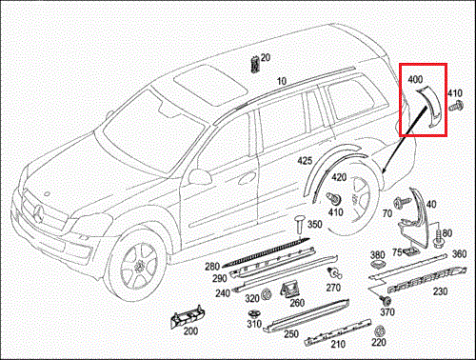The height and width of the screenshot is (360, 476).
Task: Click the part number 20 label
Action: (x=266, y=58)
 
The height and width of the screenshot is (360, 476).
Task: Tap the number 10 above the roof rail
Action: (x=282, y=81)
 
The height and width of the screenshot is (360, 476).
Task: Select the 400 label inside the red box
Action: (x=415, y=79)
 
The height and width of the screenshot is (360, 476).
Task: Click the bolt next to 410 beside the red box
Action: (x=456, y=106)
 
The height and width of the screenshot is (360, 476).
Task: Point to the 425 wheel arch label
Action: (x=305, y=161)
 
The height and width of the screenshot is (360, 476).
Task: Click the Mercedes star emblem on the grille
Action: (x=38, y=213)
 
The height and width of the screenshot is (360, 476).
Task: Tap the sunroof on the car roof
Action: (x=210, y=86)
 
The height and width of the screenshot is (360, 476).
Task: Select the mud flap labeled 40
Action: (x=414, y=219)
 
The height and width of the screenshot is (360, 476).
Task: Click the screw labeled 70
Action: (x=401, y=203)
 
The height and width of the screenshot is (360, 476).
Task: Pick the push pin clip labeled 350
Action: (x=299, y=224)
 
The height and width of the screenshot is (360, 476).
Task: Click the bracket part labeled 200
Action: (x=188, y=316)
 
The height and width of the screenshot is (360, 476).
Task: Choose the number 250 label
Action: (x=291, y=334)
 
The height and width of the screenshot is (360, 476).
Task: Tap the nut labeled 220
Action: (x=379, y=331)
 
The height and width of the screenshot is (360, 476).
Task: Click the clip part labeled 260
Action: (x=290, y=289)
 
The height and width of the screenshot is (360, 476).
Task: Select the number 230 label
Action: (x=440, y=291)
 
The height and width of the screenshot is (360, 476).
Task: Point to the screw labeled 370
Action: (x=387, y=300)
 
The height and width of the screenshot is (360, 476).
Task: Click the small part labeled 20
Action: (x=254, y=65)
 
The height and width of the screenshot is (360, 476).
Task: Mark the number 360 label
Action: (x=459, y=254)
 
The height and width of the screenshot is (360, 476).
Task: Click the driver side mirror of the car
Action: (x=200, y=176)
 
